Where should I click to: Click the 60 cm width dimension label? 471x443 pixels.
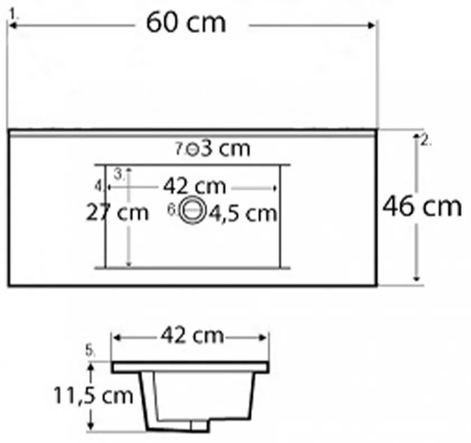click(186, 23)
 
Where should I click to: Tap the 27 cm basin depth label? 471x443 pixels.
click(117, 213)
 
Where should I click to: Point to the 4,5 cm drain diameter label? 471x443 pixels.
click(243, 214)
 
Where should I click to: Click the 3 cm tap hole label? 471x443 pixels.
click(225, 148)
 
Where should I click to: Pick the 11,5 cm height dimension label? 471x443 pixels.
click(93, 395)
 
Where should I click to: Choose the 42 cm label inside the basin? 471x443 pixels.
click(195, 186)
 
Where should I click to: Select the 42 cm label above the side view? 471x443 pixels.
click(192, 335)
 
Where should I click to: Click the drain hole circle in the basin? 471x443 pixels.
click(192, 209)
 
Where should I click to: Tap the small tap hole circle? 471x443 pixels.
click(192, 149)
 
